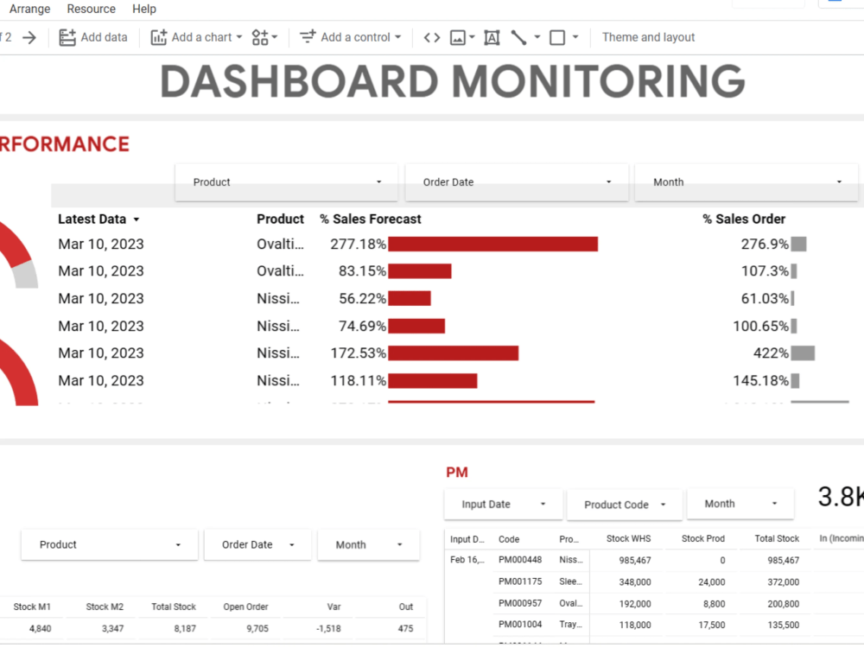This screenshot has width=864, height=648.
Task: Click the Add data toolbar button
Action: point(93,37)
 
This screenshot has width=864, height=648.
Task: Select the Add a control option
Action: point(351,37)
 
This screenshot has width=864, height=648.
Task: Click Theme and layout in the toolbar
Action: point(648,37)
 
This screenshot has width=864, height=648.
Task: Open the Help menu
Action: point(144,9)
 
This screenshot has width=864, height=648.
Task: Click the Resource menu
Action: point(91,9)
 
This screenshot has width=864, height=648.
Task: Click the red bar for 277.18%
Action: point(492,244)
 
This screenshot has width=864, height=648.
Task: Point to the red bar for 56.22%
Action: point(410,299)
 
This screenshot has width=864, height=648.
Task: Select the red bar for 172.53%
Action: point(453,353)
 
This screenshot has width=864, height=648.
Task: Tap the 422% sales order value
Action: point(770,353)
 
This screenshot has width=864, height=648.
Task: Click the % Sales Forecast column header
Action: point(371,219)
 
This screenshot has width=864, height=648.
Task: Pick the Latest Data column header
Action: point(92,219)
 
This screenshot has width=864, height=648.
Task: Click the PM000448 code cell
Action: point(520,560)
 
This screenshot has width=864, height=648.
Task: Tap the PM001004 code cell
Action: point(520,625)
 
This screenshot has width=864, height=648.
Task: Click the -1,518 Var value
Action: point(328,629)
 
